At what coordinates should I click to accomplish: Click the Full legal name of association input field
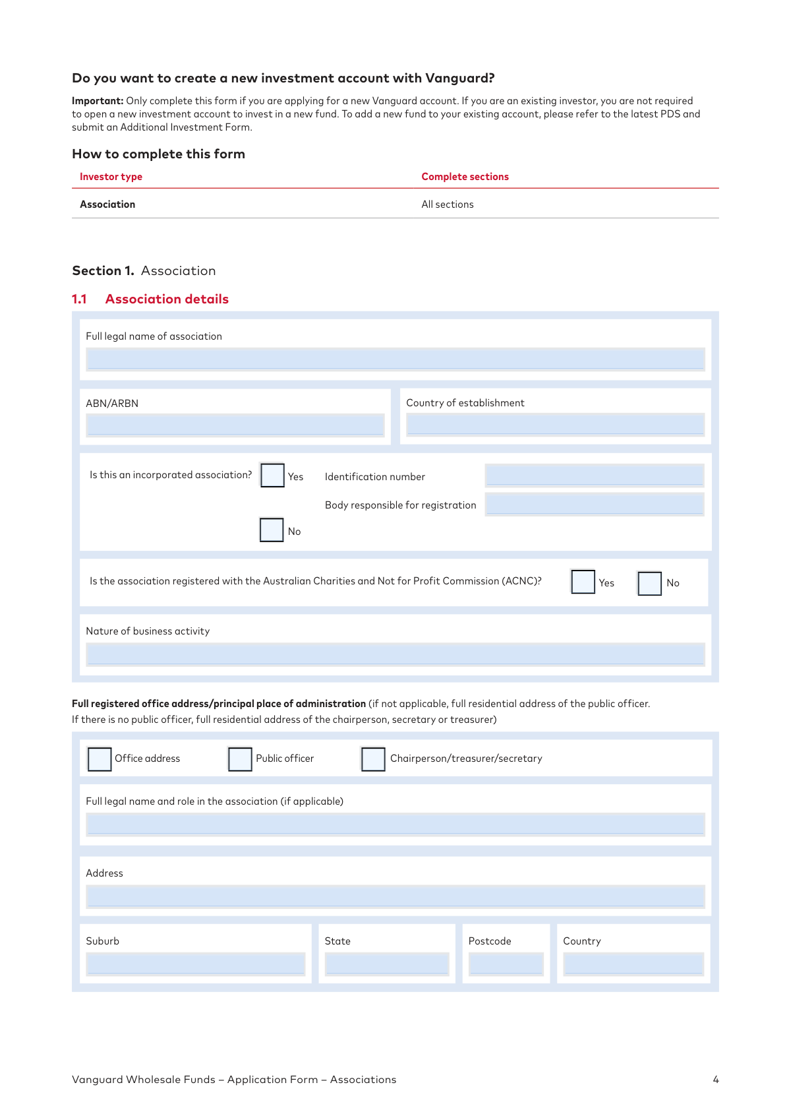click(x=395, y=359)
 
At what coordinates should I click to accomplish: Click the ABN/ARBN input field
click(x=235, y=425)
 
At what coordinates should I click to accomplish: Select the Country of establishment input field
click(x=555, y=425)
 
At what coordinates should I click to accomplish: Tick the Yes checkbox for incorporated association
click(x=272, y=475)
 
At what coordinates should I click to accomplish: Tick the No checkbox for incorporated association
click(x=272, y=530)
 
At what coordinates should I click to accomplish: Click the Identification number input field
click(x=595, y=476)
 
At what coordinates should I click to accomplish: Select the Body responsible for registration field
click(x=595, y=505)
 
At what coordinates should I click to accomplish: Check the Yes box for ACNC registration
click(x=583, y=582)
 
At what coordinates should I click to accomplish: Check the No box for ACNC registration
click(x=649, y=583)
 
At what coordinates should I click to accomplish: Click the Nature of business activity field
click(x=395, y=654)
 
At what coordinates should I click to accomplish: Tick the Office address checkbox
click(x=100, y=759)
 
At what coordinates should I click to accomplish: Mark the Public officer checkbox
click(x=240, y=759)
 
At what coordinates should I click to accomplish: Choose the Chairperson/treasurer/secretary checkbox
click(x=373, y=759)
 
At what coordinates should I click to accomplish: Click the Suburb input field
click(x=196, y=964)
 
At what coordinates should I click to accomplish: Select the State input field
click(x=387, y=964)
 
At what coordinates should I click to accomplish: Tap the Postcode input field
click(x=506, y=964)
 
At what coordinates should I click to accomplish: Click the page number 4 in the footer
click(x=716, y=1080)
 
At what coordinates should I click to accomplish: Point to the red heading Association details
click(x=167, y=299)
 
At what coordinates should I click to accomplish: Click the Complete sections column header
click(x=465, y=177)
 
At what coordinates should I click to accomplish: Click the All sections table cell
click(x=448, y=204)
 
